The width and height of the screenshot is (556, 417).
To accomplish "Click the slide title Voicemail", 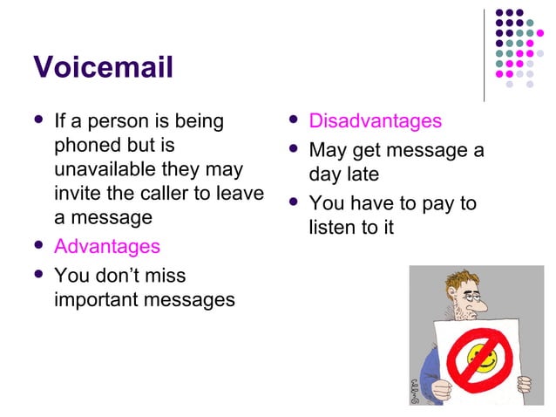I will point(103,66).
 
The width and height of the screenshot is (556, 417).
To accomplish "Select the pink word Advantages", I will point(107,247).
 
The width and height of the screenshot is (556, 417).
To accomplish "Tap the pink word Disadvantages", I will point(376,121).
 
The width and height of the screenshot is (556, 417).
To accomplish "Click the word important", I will point(104,300).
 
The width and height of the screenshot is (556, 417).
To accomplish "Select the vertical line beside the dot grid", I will point(485,52).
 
